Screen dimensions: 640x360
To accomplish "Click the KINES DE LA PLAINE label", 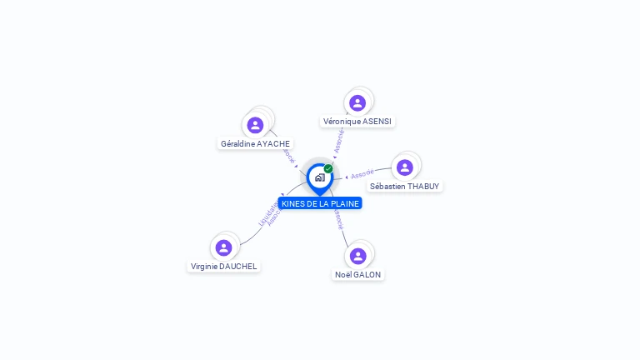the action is (320, 203).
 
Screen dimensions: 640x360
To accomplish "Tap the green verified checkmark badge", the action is (328, 169).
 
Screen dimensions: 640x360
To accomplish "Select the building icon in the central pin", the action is (319, 177).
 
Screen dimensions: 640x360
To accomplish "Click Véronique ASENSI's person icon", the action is (357, 102).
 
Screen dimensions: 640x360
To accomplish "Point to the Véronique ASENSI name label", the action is (357, 122).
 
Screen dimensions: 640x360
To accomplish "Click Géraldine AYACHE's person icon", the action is (255, 125).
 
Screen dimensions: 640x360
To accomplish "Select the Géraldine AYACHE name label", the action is (255, 144).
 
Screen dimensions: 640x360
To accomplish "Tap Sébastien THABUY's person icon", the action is (405, 167).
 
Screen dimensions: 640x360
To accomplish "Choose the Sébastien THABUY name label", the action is (405, 187).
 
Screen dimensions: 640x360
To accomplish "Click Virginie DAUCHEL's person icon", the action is (223, 247).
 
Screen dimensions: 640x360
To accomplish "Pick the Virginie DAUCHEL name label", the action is (224, 267).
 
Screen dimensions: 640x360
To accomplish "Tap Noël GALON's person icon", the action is (358, 256).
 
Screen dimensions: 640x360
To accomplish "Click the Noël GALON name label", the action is (358, 275).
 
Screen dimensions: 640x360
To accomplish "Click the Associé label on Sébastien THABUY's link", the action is (362, 175).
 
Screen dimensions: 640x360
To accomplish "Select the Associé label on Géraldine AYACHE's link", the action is (287, 155).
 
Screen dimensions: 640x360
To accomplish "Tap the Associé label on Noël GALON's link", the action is (338, 219).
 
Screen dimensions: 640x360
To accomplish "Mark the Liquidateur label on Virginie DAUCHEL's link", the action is (267, 213).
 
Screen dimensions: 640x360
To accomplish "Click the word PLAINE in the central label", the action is (344, 203).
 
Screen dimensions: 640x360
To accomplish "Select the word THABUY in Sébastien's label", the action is (424, 187).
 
